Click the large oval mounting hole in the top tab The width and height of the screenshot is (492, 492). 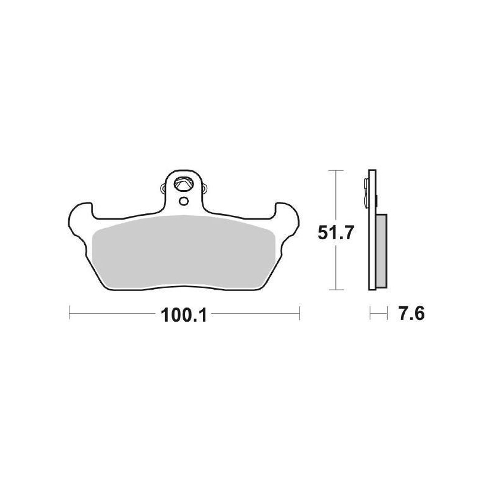pyautogui.click(x=183, y=183)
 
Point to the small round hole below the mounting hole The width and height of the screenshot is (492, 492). pyautogui.click(x=183, y=200)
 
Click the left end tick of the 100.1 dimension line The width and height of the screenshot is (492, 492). pyautogui.click(x=69, y=314)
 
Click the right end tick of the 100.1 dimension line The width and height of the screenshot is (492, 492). pyautogui.click(x=299, y=314)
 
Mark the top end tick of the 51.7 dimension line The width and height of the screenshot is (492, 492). pyautogui.click(x=335, y=170)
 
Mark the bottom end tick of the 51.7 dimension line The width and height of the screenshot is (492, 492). pyautogui.click(x=335, y=289)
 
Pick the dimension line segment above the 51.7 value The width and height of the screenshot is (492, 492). pyautogui.click(x=335, y=194)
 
